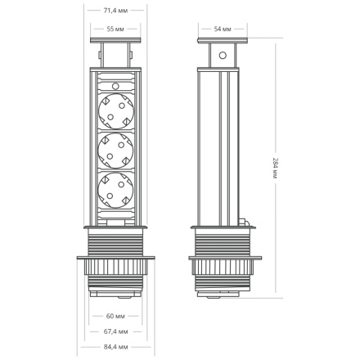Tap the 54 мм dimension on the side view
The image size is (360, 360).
tap(223, 29)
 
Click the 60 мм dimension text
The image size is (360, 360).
tap(115, 315)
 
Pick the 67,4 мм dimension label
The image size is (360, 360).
tap(115, 331)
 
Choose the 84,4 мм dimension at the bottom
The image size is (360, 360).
tap(115, 346)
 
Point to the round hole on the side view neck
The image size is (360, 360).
tap(222, 56)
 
